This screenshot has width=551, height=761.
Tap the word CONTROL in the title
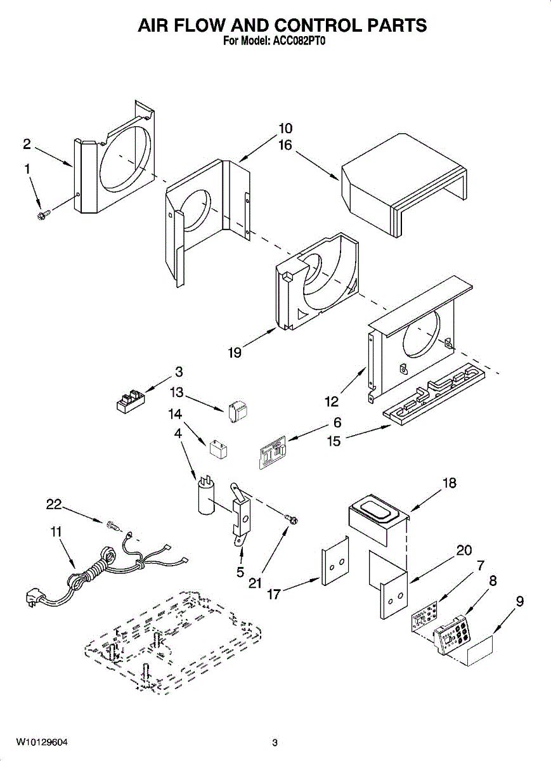pos(319,25)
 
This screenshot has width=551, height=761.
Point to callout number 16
pos(285,145)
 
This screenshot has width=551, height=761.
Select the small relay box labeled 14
pos(219,449)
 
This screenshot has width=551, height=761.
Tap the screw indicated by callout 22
pos(113,526)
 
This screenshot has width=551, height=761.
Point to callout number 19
pos(235,353)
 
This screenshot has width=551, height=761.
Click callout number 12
pos(332,401)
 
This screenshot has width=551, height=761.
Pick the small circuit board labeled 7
pos(424,616)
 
